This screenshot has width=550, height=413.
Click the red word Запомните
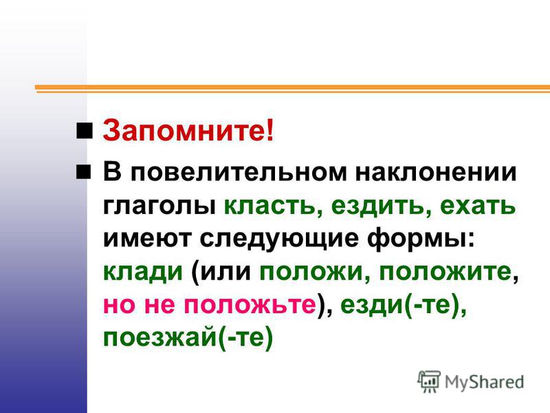click(x=184, y=130)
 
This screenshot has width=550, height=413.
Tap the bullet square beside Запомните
click(x=84, y=130)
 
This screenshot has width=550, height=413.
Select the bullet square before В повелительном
click(x=83, y=171)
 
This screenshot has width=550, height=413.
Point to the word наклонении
click(x=436, y=172)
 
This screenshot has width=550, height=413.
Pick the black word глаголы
click(x=159, y=206)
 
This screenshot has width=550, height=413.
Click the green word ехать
click(x=478, y=206)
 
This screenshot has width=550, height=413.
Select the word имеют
click(x=147, y=239)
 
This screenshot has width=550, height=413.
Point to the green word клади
click(x=143, y=272)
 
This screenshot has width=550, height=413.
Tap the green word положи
click(x=311, y=272)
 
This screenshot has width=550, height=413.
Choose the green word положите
click(x=445, y=272)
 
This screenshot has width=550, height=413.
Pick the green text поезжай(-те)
click(x=188, y=337)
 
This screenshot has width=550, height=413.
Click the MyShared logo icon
click(x=429, y=381)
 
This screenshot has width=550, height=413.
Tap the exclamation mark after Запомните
click(x=269, y=130)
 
